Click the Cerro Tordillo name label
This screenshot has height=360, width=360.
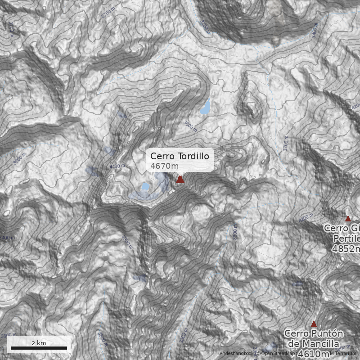pos(180,156)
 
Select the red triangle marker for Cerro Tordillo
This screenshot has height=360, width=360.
pos(180,180)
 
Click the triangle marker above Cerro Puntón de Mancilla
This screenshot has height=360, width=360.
pos(314,324)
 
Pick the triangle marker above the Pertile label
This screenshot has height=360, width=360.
pos(348,218)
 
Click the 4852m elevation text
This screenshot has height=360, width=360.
pos(346,248)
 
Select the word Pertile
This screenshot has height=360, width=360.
pos(346,238)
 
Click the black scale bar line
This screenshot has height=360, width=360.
pos(39,348)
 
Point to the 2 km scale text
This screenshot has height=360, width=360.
pos(39,343)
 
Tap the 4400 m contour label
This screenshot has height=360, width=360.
pos(117,166)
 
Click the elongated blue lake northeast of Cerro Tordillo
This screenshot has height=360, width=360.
pos(206,107)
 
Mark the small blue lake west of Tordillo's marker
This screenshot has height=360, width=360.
pos(145,186)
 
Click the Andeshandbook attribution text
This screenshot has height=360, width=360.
pos(237,354)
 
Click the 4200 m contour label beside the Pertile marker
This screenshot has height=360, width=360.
pos(306,218)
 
